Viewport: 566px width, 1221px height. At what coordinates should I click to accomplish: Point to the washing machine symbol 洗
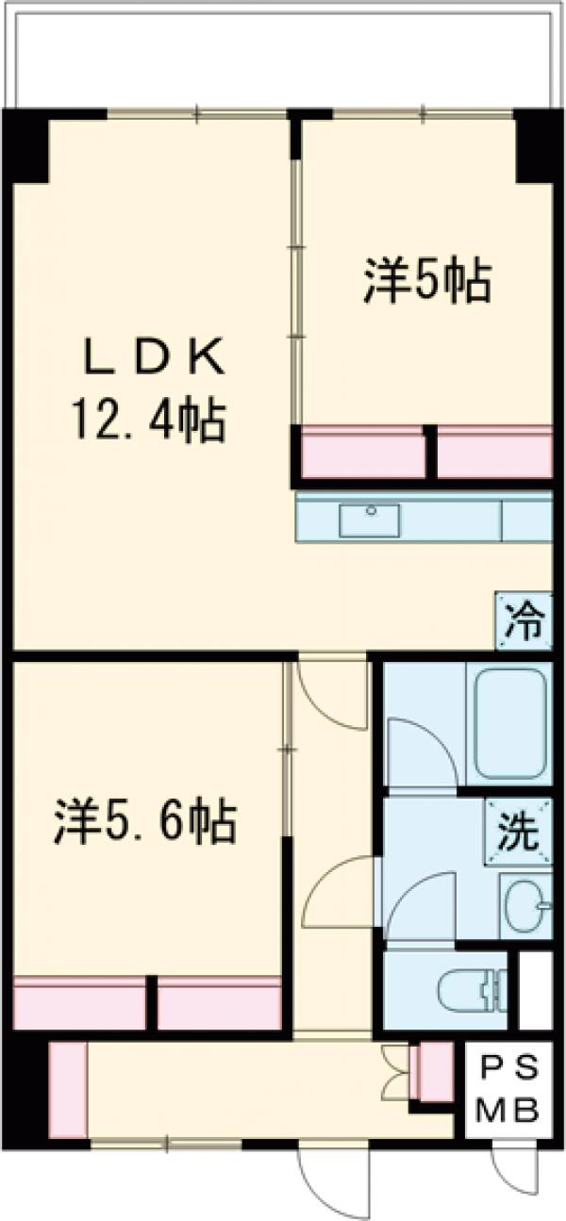coord(520,831)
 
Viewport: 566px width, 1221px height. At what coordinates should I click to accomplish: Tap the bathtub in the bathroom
coord(509,720)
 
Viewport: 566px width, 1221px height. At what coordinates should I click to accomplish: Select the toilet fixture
coord(472,990)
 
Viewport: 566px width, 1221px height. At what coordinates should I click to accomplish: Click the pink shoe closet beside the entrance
coord(66,1089)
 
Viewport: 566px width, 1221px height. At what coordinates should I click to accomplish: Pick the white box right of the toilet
coord(535,990)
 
